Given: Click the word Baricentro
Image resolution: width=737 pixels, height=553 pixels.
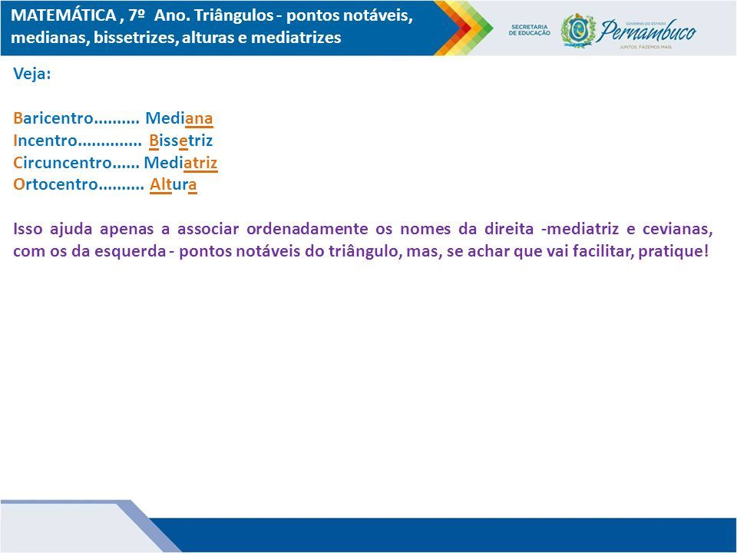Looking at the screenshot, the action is click(x=53, y=118).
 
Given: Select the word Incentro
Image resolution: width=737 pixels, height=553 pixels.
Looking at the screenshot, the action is click(x=45, y=140).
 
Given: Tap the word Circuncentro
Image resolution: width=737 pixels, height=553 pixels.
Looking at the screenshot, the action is click(x=62, y=162).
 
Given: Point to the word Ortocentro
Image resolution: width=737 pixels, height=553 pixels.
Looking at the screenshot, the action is click(x=55, y=184).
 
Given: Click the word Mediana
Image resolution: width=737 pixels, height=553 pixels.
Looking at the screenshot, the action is click(x=179, y=118).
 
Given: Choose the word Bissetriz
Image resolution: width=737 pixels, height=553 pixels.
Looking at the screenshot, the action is click(x=181, y=140).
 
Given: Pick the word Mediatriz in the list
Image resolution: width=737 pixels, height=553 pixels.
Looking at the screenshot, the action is click(x=180, y=162).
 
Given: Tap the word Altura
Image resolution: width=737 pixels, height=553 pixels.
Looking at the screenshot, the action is click(x=174, y=184).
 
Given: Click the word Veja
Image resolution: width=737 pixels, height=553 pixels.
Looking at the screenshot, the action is click(x=32, y=74).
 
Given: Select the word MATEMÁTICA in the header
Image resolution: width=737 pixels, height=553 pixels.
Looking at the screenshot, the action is click(x=64, y=15).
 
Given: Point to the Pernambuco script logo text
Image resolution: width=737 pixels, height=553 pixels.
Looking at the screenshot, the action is click(x=648, y=31).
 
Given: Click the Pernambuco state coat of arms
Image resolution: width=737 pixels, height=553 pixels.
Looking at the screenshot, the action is click(x=577, y=31).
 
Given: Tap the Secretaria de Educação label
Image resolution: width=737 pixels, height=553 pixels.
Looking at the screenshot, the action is click(x=529, y=30).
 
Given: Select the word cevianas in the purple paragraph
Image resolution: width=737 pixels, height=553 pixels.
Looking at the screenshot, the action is click(x=677, y=229).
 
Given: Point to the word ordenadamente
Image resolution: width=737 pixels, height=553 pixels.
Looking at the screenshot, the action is click(x=307, y=229).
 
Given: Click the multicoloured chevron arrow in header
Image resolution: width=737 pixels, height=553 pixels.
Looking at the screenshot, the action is click(x=463, y=28).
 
